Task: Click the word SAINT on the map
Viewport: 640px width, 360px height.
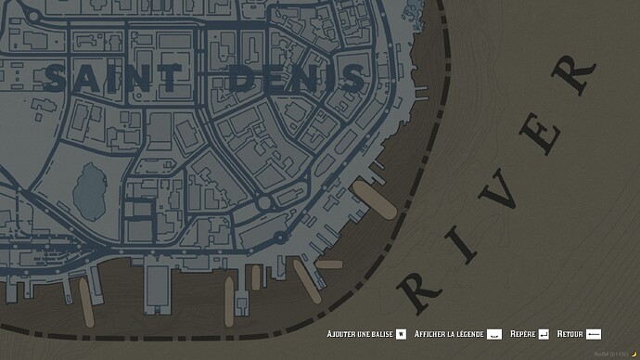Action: point(114,79)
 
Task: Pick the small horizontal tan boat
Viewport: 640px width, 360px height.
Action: point(329,264)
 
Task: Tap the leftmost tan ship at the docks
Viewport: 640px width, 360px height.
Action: point(87,302)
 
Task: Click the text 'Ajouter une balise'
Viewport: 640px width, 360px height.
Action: point(360,333)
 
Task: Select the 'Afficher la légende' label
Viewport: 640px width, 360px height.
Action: point(449,333)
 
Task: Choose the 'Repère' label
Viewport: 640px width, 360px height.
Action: point(523,333)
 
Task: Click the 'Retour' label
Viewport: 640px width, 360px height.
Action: point(570,333)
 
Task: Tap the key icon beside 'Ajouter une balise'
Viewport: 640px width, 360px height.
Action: point(401,333)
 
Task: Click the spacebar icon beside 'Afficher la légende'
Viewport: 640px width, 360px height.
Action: point(495,333)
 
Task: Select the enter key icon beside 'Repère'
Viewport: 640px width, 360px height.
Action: point(544,333)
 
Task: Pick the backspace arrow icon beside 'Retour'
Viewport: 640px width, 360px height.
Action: point(595,333)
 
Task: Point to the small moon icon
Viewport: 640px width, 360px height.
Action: point(634,354)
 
